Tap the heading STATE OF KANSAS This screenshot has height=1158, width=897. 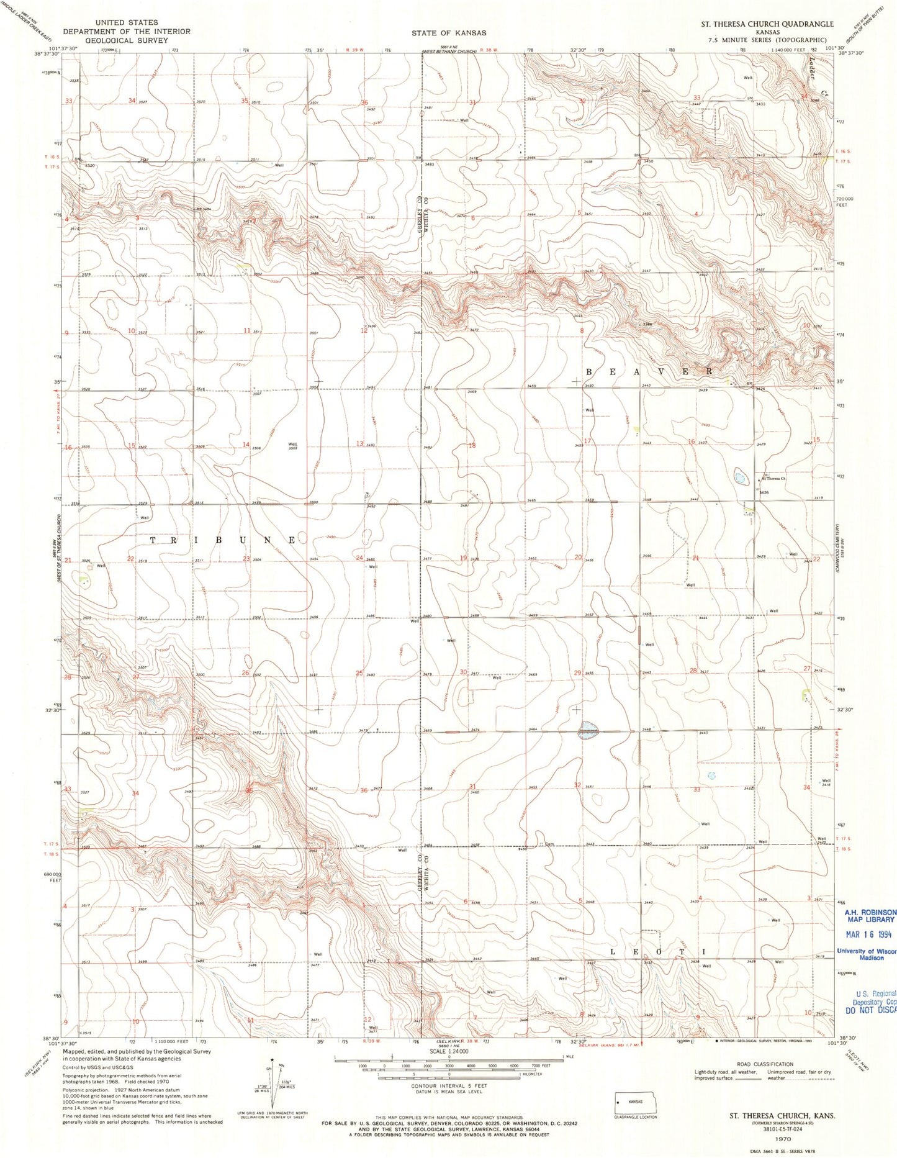449,32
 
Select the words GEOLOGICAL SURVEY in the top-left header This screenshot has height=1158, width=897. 127,40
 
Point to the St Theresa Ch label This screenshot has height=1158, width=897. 774,479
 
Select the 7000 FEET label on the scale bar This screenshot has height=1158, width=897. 535,1065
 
